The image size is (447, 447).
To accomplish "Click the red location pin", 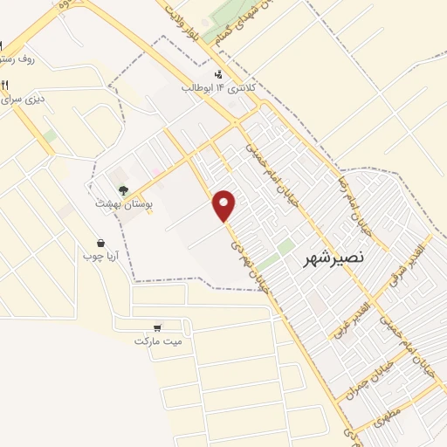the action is coord(225,204).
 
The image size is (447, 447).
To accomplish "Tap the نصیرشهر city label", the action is coord(335,258).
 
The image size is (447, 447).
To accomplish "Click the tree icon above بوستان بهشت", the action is coord(124,189).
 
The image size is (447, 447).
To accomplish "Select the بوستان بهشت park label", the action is coord(125,203).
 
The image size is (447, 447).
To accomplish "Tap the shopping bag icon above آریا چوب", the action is coord(101,243).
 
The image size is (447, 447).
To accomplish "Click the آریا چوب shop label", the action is coord(100,256).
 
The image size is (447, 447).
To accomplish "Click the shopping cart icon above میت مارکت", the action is coord(157,327).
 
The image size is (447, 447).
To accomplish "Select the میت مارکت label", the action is coord(158,340).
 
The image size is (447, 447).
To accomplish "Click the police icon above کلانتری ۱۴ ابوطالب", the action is coord(218,74).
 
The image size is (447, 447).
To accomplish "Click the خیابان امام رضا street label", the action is coord(347,197).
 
